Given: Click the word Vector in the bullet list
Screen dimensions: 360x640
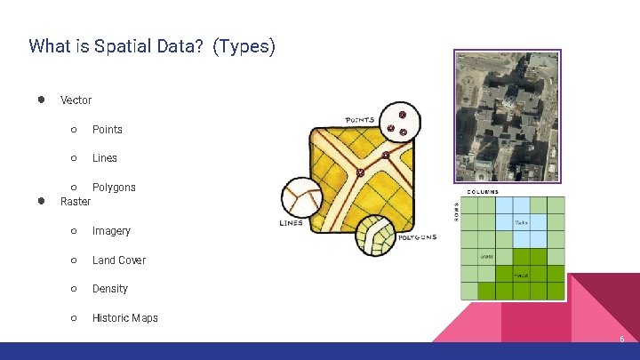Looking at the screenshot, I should point(76,100).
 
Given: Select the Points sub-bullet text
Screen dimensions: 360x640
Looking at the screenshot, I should point(107,130).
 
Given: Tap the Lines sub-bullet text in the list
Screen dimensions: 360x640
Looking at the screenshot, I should point(104,158).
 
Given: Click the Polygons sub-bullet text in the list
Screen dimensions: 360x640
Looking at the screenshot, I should point(114,188).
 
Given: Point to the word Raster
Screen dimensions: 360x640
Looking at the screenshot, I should point(76,202).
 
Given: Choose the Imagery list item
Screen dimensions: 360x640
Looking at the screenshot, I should point(111,231).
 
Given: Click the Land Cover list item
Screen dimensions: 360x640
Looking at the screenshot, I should point(118,260).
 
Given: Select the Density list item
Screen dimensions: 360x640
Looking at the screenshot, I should point(109,289).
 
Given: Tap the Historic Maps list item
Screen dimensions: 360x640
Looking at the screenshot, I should point(124,318).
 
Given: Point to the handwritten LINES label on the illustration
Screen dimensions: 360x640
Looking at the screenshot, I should point(291,222).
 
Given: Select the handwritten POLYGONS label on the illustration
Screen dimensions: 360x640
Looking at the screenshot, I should point(415,237).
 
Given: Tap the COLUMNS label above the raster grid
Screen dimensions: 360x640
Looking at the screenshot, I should point(483,192).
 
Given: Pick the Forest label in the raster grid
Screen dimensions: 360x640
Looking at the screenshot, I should point(521,276).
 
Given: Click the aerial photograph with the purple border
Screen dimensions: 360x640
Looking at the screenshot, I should point(507,116).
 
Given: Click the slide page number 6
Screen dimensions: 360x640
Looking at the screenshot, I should point(621,340).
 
